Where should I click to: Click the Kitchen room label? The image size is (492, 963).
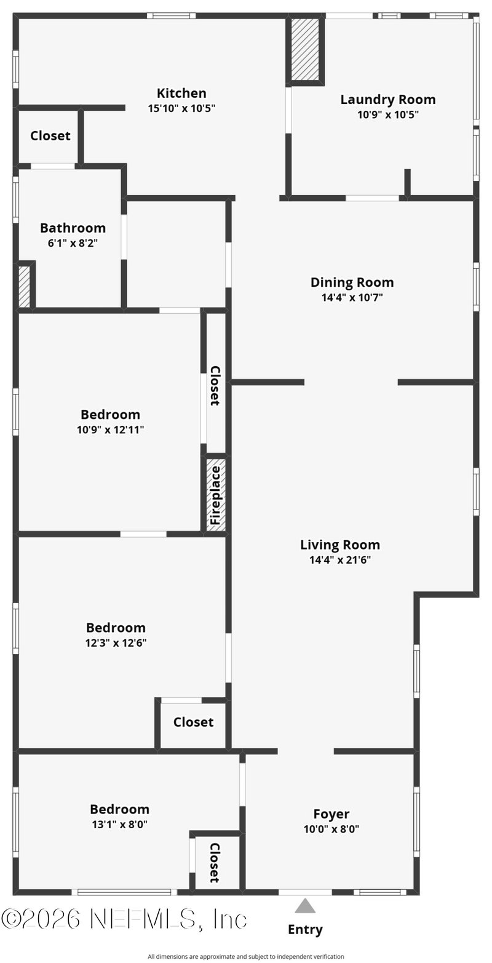(181, 94)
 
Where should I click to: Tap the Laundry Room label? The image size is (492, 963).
(388, 100)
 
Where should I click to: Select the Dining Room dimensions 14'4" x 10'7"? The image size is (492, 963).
(352, 297)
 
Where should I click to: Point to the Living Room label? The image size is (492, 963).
(340, 545)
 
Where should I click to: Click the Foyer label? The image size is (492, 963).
(331, 814)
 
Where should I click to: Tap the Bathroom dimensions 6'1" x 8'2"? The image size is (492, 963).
(73, 243)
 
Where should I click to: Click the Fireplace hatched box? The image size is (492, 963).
(216, 495)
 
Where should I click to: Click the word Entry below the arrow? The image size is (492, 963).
(305, 930)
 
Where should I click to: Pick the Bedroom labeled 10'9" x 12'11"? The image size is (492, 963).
(111, 415)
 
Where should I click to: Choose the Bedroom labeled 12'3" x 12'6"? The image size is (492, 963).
(116, 628)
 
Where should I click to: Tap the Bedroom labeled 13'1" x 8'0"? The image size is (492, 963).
(119, 810)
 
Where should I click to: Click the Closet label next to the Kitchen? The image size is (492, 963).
(50, 136)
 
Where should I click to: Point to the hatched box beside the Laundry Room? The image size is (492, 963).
(305, 49)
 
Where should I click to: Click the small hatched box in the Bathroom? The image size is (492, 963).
(24, 286)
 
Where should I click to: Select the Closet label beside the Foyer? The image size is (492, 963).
(215, 863)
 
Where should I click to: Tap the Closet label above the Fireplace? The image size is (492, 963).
(215, 386)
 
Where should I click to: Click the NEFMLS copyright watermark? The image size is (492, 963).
(124, 919)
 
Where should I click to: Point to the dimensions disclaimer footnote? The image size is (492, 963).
(246, 957)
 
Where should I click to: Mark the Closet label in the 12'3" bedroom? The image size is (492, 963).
(193, 722)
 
